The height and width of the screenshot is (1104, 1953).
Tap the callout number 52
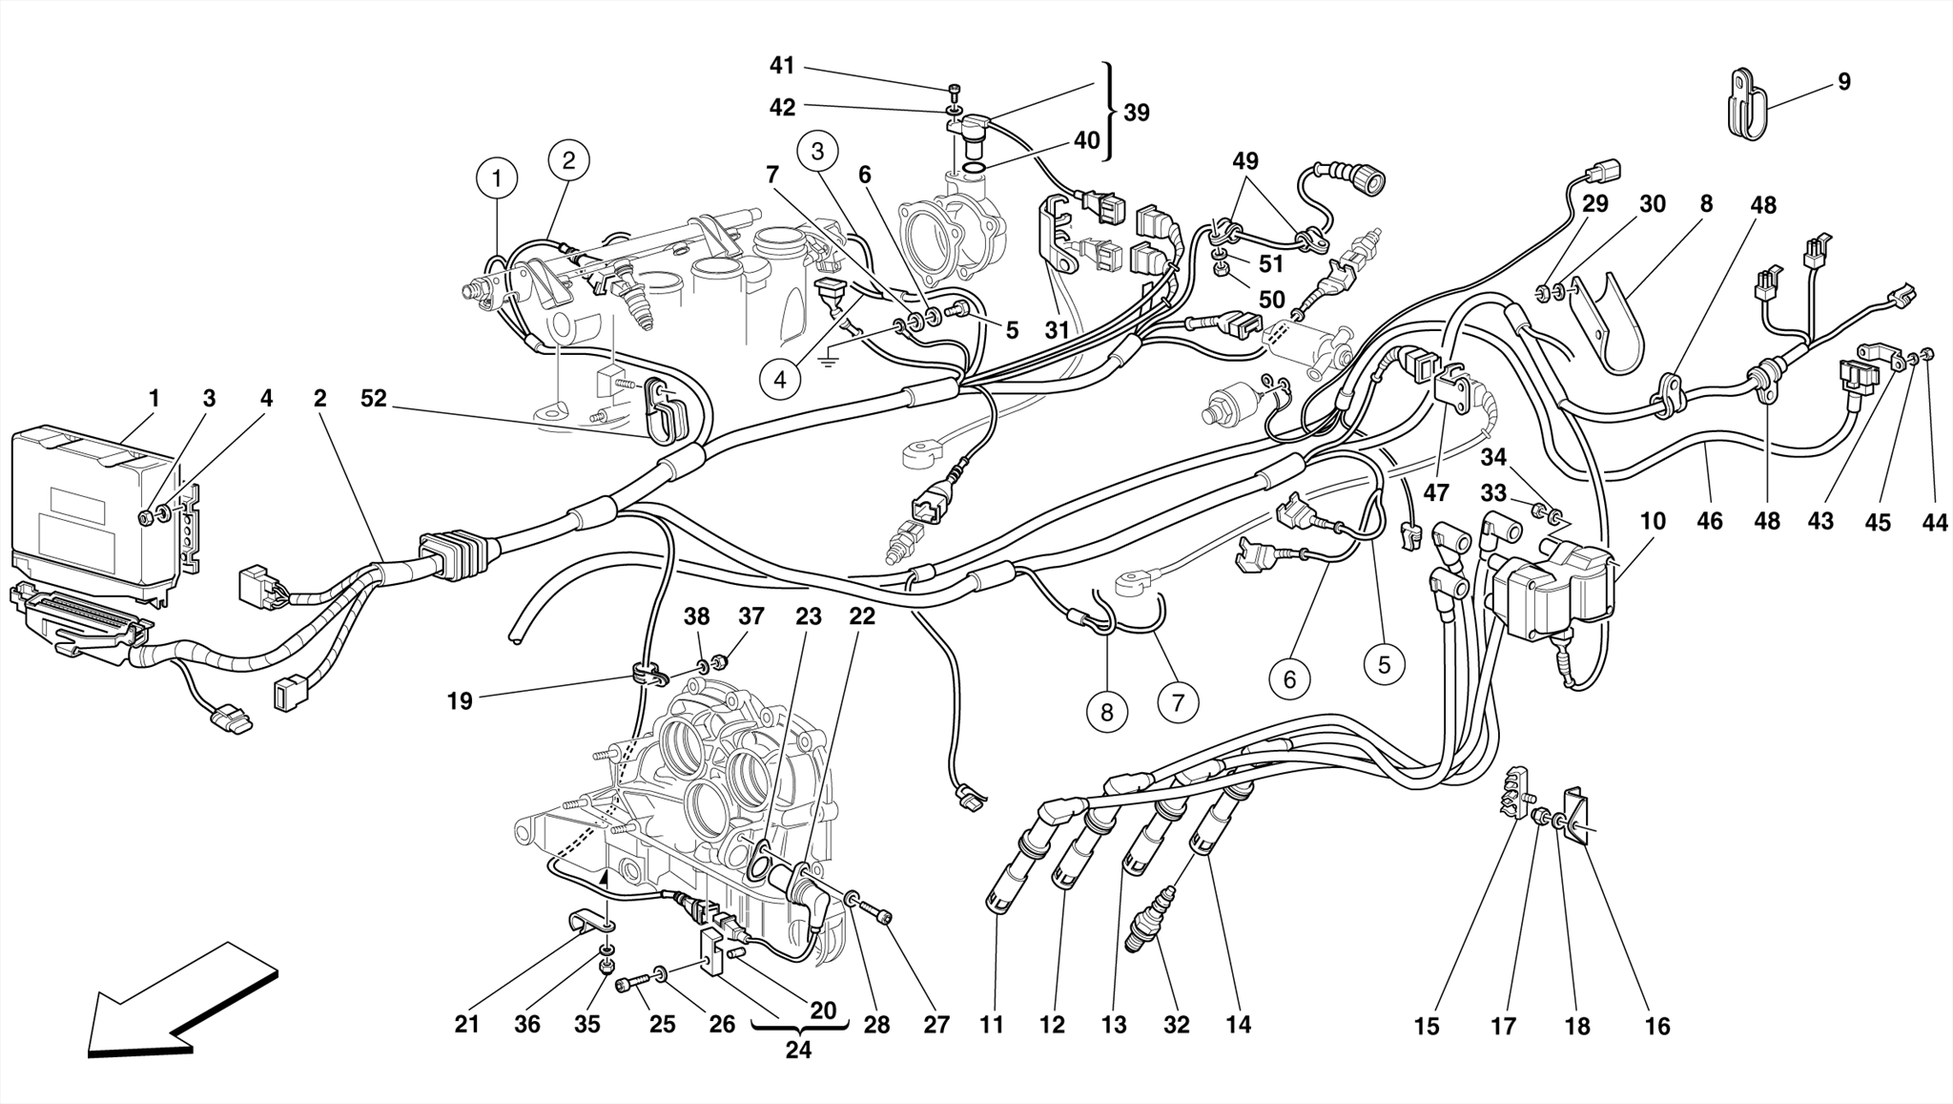point(374,399)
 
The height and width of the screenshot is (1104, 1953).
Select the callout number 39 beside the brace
point(1136,113)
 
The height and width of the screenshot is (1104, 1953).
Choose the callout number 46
point(1710,522)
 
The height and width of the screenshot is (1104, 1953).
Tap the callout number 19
point(460,701)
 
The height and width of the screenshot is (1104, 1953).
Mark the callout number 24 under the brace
point(798,1050)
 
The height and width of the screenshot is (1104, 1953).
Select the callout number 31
point(1057,330)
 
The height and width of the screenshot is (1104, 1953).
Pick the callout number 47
point(1436,493)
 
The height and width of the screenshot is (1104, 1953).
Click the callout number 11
point(992,1025)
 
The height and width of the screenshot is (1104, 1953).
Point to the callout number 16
point(1657,1026)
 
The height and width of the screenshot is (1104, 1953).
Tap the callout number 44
point(1935,522)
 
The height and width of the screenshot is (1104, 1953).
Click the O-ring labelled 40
point(974,169)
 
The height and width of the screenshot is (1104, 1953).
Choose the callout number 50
point(1272,300)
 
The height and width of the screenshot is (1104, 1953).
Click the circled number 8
point(1106,712)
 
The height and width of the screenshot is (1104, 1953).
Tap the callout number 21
point(466,1025)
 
